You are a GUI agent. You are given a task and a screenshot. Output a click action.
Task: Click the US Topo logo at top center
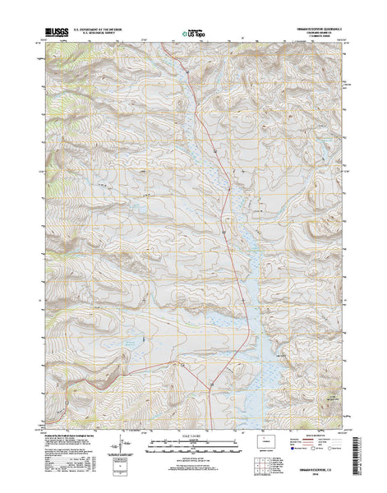pyautogui.click(x=195, y=35)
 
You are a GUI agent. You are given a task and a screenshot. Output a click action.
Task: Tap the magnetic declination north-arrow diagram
pyautogui.click(x=124, y=440)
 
